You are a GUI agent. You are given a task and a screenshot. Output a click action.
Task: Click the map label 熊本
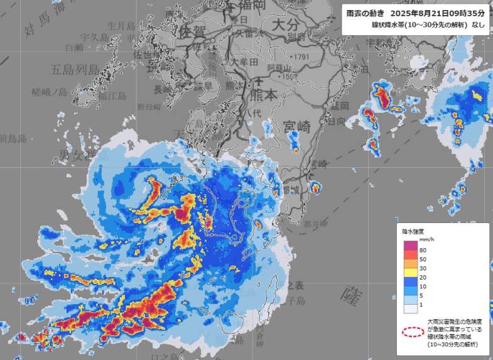click(263, 95)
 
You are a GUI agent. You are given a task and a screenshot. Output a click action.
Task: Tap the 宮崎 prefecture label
click(296, 126)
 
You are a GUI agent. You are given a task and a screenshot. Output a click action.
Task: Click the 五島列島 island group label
click(75, 68)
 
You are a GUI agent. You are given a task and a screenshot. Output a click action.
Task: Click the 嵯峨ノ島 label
click(49, 92)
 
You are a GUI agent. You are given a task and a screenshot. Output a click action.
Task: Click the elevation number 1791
click(301, 57)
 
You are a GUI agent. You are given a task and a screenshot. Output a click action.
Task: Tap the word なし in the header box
click(478, 25)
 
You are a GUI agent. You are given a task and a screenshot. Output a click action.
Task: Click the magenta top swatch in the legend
click(409, 245)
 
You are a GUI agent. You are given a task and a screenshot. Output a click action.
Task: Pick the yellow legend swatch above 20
click(409, 272)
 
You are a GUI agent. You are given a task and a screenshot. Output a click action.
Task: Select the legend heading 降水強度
click(414, 231)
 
